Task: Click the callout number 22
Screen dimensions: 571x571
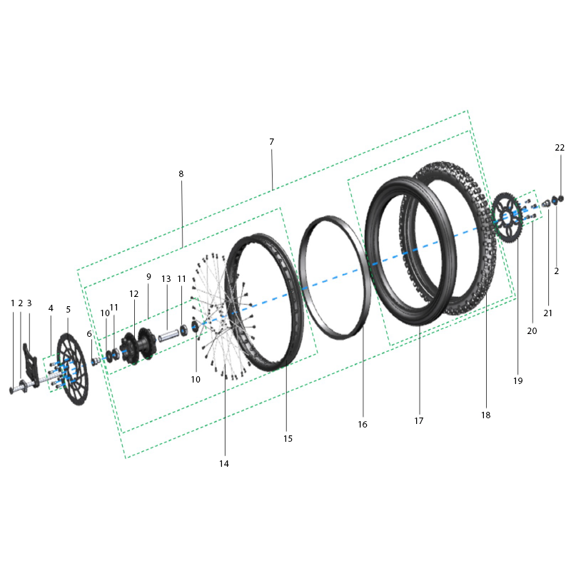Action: [560, 148]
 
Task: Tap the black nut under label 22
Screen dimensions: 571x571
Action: [560, 198]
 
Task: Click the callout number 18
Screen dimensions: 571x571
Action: [485, 415]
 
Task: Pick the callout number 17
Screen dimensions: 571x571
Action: [419, 421]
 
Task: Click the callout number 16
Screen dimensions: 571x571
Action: [363, 425]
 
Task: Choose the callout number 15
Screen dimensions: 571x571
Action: [288, 439]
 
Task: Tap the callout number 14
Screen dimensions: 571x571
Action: [224, 463]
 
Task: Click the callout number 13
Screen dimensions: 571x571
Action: [166, 278]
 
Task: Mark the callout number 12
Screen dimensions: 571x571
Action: [134, 294]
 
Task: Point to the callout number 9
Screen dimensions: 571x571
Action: [149, 276]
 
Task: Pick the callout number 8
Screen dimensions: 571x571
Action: [181, 174]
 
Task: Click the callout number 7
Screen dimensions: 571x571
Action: [272, 142]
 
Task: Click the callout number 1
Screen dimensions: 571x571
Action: [13, 303]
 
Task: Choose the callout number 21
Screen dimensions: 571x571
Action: [549, 313]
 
